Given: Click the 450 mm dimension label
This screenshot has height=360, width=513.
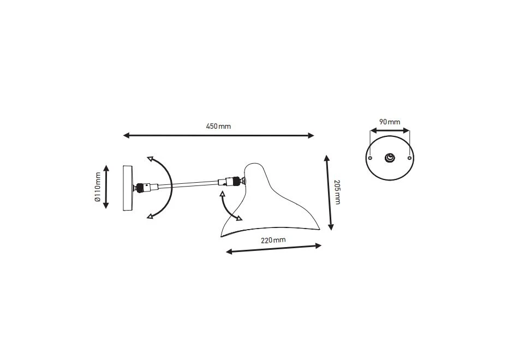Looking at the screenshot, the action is pos(218,126).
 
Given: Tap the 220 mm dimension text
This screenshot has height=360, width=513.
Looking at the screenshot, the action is pos(273,240).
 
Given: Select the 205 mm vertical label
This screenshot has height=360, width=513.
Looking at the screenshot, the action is pos(337,191).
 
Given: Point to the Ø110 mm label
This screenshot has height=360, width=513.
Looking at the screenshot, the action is pos(98,187).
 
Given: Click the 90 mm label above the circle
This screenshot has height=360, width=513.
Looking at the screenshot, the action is pos(390,122).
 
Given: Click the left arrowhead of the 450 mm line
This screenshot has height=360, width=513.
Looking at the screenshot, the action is pos(126,135).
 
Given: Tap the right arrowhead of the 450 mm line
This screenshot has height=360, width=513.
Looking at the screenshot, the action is pos(311,135).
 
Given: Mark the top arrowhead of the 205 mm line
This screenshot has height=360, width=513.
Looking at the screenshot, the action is pos(326,158).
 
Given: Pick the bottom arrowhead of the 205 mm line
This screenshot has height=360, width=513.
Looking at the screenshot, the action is pos(331,227).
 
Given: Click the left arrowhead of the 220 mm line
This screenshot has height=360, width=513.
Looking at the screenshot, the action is pos(229,251).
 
